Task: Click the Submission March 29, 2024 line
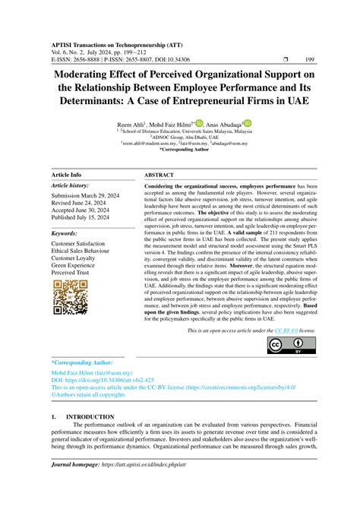90,198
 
